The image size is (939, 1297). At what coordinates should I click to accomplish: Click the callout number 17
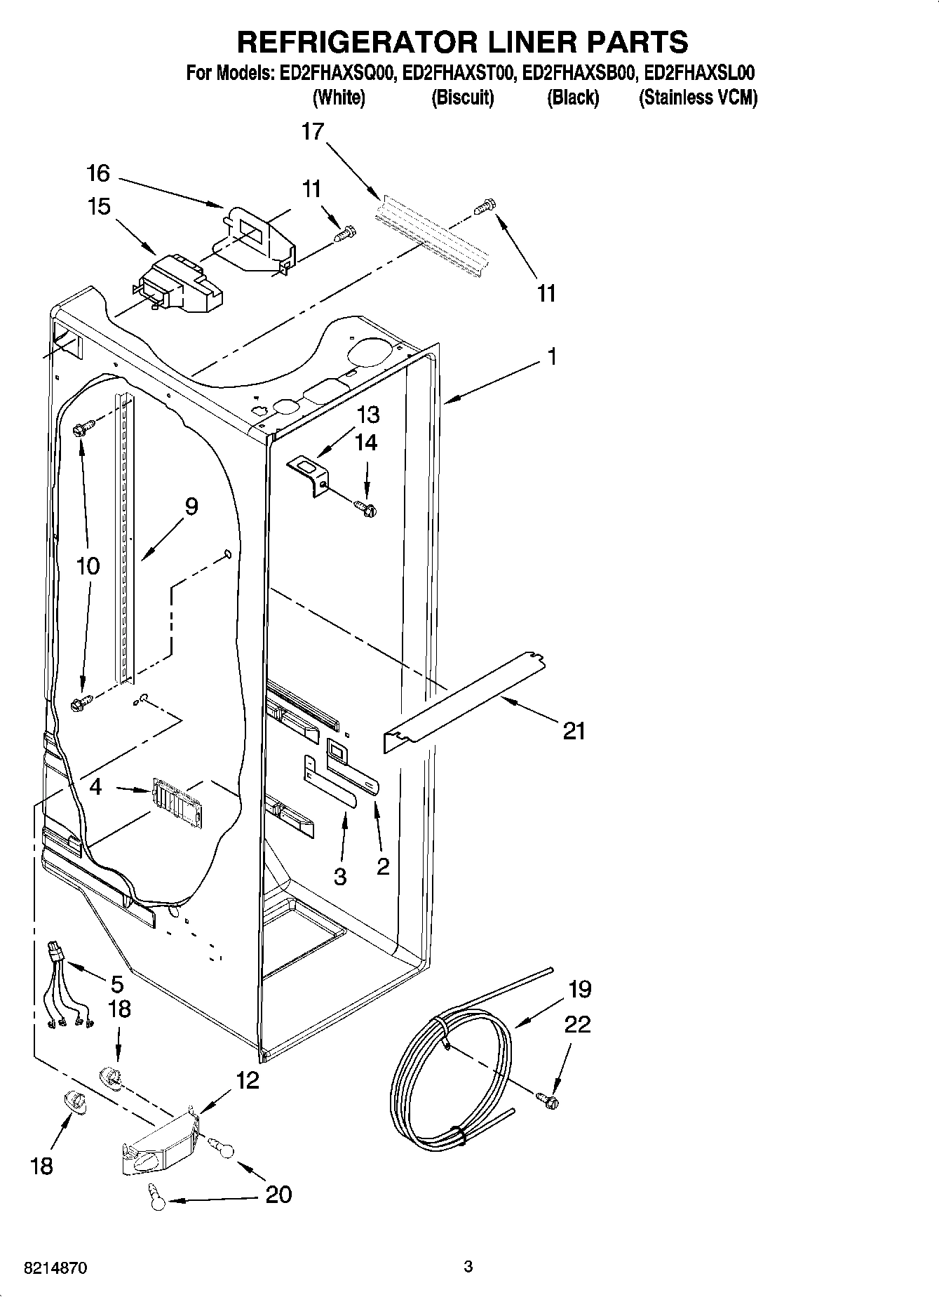tap(313, 131)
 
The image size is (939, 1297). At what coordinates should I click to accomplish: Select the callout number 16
tap(99, 173)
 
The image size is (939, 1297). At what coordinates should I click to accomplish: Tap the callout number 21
tap(574, 731)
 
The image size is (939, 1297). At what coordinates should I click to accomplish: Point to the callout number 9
tap(191, 506)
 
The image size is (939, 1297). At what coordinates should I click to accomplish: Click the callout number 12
tap(248, 1080)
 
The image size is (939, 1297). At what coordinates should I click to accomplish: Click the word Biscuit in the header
tap(462, 98)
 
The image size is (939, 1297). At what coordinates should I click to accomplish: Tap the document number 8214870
tap(55, 1268)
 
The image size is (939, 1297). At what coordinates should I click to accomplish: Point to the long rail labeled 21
tap(463, 704)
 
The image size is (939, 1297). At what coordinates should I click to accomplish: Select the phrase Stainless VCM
tap(698, 98)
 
